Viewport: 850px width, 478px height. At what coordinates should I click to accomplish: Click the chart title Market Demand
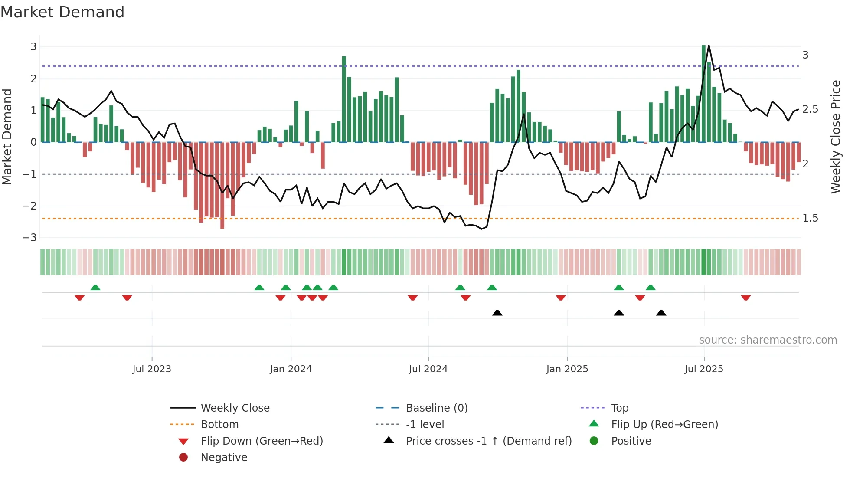coord(62,12)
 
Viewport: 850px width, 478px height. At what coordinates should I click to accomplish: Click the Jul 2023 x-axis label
coord(152,369)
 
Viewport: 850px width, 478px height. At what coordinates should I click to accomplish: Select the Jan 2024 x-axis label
coord(291,369)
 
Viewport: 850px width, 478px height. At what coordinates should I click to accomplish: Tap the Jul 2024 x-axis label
coord(428,369)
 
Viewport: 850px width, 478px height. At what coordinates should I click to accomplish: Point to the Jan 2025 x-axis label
coord(567,369)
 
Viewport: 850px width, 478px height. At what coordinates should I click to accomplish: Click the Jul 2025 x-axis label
coord(704,369)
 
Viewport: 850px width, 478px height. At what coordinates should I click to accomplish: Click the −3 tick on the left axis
coord(29,238)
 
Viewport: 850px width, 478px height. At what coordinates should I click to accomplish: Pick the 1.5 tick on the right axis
coord(810,218)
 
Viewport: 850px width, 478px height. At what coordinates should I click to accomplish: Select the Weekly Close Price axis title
coord(836,137)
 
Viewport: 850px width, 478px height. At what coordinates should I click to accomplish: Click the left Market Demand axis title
coord(7,137)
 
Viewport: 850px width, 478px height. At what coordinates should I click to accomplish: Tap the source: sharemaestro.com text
coord(768,340)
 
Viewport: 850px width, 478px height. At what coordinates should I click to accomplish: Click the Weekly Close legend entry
coord(235,408)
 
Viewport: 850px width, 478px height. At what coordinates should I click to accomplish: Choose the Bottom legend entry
coord(219,425)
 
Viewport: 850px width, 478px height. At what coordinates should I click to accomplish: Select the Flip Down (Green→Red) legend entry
coord(262,441)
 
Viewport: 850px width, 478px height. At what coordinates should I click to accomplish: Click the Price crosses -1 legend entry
coord(488,441)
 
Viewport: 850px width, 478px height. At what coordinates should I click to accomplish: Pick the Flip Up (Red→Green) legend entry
coord(664,425)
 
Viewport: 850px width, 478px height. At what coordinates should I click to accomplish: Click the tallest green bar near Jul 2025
coord(703,93)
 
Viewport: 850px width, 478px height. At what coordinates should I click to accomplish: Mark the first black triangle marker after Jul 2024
coord(497,313)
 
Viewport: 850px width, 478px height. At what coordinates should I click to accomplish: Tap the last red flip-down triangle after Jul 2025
coord(745,298)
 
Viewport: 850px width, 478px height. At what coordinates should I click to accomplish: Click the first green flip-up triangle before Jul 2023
coord(95,288)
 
